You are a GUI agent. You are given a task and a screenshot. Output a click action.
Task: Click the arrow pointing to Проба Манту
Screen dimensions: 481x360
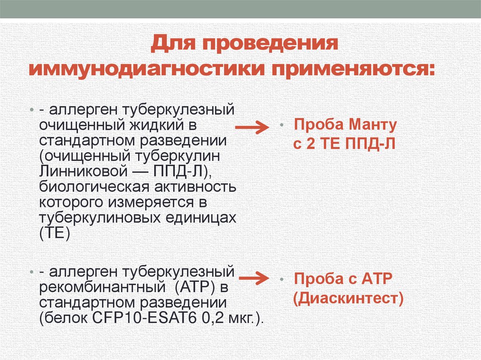pos(251,128)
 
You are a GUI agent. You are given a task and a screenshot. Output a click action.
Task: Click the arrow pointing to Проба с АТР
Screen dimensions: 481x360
pos(251,279)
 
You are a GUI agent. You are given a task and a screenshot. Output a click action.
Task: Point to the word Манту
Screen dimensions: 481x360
pos(374,126)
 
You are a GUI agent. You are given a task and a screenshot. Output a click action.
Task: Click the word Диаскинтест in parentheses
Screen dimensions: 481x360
pos(348,298)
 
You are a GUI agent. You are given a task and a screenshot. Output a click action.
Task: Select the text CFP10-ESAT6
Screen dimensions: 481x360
pos(141,317)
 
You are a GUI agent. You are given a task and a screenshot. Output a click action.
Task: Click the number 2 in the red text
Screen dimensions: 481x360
pos(310,144)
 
